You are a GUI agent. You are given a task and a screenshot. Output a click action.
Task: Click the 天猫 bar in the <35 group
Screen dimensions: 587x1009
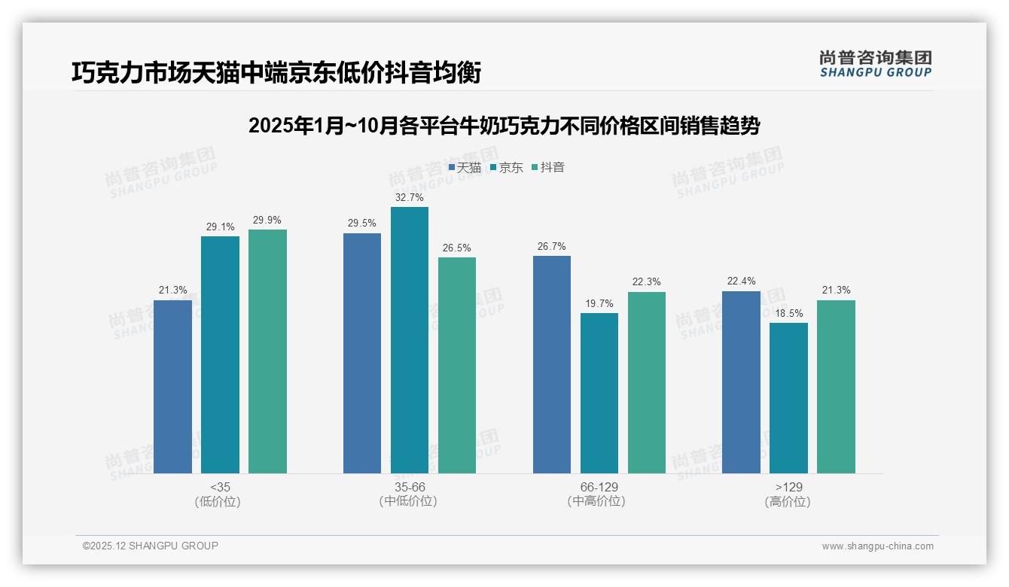pyautogui.click(x=172, y=387)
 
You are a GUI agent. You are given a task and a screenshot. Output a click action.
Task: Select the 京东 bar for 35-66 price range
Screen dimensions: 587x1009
pyautogui.click(x=410, y=340)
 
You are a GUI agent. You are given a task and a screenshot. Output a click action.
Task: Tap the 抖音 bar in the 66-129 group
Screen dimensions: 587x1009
pyautogui.click(x=647, y=382)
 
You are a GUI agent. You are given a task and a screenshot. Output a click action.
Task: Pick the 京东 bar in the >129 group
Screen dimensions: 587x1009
pyautogui.click(x=789, y=398)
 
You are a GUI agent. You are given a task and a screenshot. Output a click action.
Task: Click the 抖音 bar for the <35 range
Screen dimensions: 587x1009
pyautogui.click(x=267, y=351)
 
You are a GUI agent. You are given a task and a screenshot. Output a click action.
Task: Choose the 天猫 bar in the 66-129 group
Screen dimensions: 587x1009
pyautogui.click(x=552, y=364)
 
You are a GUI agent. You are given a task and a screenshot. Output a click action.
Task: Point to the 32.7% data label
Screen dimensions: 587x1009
pyautogui.click(x=410, y=198)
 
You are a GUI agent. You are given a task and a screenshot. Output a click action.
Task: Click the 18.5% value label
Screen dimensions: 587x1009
pyautogui.click(x=789, y=314)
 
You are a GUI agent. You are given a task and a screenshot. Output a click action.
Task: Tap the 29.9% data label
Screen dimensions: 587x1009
pyautogui.click(x=267, y=221)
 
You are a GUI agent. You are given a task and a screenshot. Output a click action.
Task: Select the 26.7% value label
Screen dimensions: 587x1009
pyautogui.click(x=552, y=247)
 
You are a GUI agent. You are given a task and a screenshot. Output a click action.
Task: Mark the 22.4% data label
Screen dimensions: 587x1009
pyautogui.click(x=741, y=281)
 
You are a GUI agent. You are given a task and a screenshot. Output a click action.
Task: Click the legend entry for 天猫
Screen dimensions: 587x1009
pyautogui.click(x=465, y=167)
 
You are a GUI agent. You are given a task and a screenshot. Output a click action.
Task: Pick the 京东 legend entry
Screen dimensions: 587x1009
pyautogui.click(x=507, y=167)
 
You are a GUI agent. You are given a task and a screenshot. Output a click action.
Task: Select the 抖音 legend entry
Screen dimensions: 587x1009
pyautogui.click(x=548, y=167)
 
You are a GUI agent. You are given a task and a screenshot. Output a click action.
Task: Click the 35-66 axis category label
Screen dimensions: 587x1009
pyautogui.click(x=409, y=487)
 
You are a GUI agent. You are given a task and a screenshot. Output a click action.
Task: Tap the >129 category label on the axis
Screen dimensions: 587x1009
pyautogui.click(x=788, y=487)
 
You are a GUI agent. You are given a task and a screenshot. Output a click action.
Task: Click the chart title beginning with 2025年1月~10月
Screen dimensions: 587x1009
pyautogui.click(x=504, y=126)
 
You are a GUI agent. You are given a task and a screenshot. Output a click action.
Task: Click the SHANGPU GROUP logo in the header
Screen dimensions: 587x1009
pyautogui.click(x=875, y=64)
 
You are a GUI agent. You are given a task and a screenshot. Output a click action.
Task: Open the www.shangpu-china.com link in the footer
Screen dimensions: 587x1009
pyautogui.click(x=877, y=546)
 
